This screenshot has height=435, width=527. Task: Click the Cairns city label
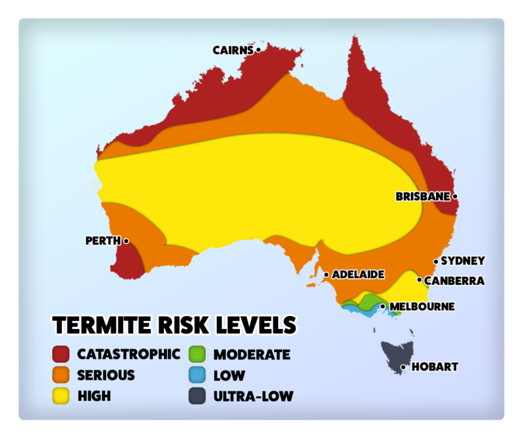pos(233,50)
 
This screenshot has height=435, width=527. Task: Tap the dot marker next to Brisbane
pos(455,196)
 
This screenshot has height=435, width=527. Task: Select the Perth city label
pos(103,241)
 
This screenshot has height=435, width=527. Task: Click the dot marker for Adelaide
pos(326,274)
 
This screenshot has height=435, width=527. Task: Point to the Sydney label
pos(462,261)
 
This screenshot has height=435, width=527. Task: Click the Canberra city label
pos(454,281)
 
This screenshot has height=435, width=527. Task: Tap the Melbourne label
pos(422,307)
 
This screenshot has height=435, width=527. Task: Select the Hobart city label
pos(434,367)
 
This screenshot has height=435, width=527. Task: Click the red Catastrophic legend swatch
pos(61,354)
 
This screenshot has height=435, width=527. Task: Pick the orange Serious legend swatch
pos(61,375)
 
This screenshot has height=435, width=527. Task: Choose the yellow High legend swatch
pos(61,396)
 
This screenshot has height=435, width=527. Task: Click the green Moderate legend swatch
pos(198,354)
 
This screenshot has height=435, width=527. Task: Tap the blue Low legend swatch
pos(198,375)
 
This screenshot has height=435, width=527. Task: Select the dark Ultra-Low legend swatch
pos(198,396)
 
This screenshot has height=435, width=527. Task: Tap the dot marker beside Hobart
pos(403,367)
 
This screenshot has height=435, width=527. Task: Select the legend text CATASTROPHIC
pos(128,354)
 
